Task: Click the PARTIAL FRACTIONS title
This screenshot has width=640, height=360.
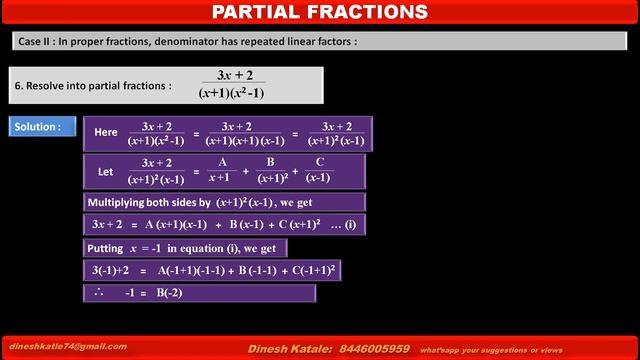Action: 320,12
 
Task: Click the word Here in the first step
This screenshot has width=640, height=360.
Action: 105,132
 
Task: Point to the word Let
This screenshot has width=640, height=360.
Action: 106,171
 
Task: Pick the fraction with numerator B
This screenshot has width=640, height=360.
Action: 270,170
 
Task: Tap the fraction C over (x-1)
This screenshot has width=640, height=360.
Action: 319,170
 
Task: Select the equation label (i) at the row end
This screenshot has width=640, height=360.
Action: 350,225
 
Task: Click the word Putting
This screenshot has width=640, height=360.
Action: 104,248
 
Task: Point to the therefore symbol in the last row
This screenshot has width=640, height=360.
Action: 97,293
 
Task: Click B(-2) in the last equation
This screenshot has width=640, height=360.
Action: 168,293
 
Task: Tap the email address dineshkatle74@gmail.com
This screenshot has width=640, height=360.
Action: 69,346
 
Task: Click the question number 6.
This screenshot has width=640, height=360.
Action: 17,86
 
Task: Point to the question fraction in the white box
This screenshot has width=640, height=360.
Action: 233,84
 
